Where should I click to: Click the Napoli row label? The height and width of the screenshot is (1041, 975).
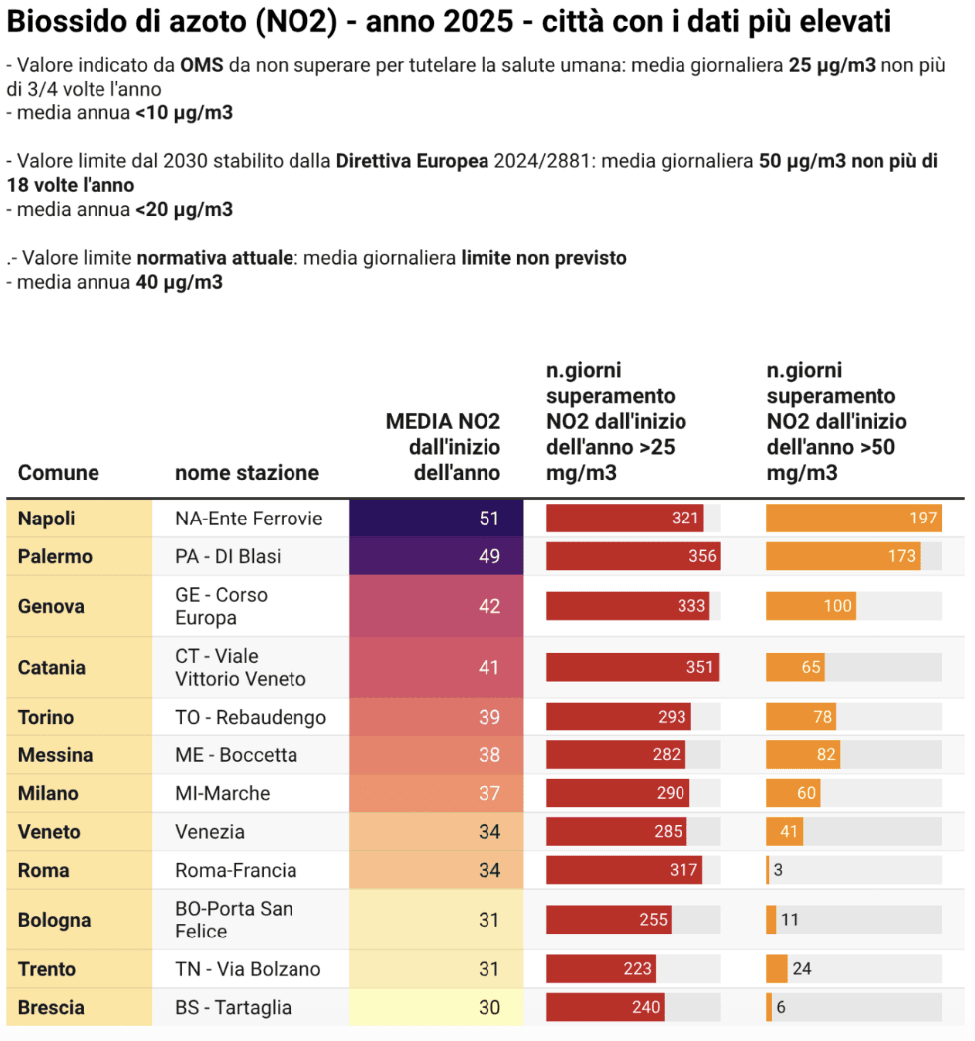(47, 519)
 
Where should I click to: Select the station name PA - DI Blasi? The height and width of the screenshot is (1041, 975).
(228, 556)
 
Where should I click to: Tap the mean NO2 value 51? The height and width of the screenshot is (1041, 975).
(488, 519)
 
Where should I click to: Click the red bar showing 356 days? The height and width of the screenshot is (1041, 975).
(633, 556)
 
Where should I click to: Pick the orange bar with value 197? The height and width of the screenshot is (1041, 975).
(854, 519)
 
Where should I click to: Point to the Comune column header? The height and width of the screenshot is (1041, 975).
(59, 472)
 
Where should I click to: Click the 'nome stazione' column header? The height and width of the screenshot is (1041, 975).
(247, 472)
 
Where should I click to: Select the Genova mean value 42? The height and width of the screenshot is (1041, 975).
(488, 606)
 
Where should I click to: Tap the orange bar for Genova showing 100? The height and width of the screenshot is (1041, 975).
(811, 606)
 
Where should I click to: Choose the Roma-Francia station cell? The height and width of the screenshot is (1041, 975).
(236, 870)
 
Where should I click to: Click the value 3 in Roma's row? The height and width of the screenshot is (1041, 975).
(778, 870)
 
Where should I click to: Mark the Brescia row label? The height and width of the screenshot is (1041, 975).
(51, 1007)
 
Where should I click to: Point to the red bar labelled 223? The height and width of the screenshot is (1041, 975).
(600, 968)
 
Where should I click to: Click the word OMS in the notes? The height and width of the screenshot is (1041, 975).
(202, 66)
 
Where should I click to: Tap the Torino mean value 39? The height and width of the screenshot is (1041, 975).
(488, 717)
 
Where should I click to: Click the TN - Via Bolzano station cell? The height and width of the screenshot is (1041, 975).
(248, 968)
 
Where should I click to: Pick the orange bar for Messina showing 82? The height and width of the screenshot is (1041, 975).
(803, 755)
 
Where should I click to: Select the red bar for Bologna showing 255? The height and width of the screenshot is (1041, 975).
(609, 920)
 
